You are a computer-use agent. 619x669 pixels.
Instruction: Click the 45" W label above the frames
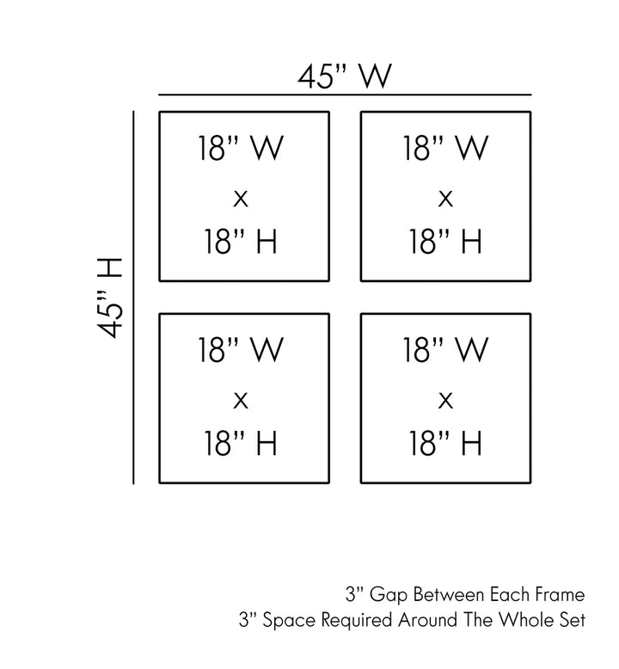(344, 77)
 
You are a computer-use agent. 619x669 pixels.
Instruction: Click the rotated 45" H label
(110, 298)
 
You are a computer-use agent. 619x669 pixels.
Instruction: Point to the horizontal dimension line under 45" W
(345, 95)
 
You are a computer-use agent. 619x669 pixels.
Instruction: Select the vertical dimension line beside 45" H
(133, 298)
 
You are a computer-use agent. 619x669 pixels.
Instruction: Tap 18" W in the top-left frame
(241, 148)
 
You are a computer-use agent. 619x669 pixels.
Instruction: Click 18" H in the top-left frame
(241, 242)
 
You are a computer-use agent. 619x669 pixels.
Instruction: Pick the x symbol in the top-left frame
(241, 199)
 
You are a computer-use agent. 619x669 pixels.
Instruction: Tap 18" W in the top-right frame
(445, 148)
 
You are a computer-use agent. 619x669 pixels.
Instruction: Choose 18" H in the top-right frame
(445, 242)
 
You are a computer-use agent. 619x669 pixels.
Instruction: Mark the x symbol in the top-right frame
(445, 199)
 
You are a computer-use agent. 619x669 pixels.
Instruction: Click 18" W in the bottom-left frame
(241, 350)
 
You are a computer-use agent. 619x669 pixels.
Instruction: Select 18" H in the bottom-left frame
(241, 444)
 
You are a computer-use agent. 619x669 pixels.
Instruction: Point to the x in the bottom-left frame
(241, 401)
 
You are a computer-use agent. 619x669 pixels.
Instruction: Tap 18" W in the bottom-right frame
(445, 350)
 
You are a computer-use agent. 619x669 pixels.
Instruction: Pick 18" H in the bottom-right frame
(445, 444)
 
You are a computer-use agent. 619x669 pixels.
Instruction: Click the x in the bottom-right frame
(445, 401)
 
